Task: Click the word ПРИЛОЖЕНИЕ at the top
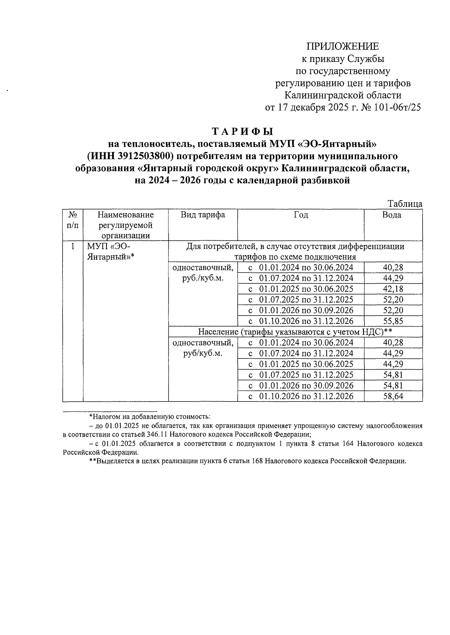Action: pyautogui.click(x=343, y=47)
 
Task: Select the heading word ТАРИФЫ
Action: pyautogui.click(x=243, y=132)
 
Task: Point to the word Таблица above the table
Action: pyautogui.click(x=405, y=204)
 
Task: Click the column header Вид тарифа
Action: pyautogui.click(x=203, y=215)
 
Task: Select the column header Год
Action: pyautogui.click(x=301, y=215)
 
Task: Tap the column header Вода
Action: pyautogui.click(x=392, y=215)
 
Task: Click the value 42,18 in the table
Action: pyautogui.click(x=393, y=289)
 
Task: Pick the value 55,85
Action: pyautogui.click(x=393, y=321)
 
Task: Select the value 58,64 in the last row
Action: pyautogui.click(x=393, y=396)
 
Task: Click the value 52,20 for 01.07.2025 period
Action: pyautogui.click(x=393, y=300)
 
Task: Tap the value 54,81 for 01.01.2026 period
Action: pyautogui.click(x=393, y=385)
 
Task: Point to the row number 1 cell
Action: pyautogui.click(x=73, y=247)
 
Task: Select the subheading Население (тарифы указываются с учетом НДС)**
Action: pyautogui.click(x=295, y=332)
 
